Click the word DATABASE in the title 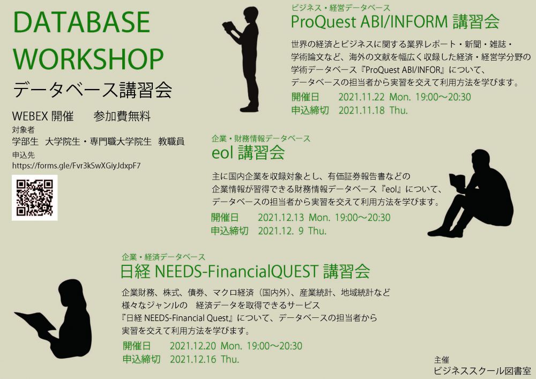(81, 22)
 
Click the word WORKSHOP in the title (88, 60)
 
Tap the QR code (34, 197)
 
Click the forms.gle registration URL (76, 166)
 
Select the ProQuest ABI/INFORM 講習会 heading (395, 22)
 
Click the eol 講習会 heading (248, 152)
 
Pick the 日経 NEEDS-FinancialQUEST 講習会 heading (245, 271)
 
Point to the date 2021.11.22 (361, 97)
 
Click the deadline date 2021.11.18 (361, 110)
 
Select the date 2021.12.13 (281, 218)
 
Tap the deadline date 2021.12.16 (193, 359)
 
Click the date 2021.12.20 (193, 346)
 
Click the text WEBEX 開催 (43, 116)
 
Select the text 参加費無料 (122, 116)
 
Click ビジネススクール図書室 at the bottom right (482, 371)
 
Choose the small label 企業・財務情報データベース (261, 138)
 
